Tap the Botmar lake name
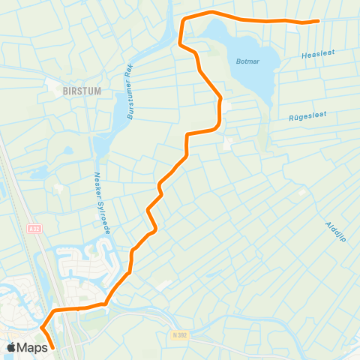(x=247, y=63)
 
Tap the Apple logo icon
(x=12, y=347)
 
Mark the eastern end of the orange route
(x=318, y=21)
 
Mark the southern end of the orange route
(x=53, y=348)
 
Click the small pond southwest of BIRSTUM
(x=67, y=150)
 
